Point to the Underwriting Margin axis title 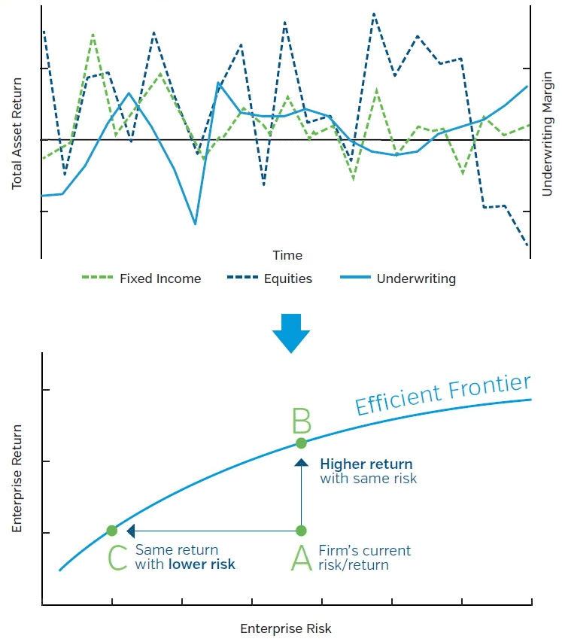(547, 135)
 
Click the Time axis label (287, 255)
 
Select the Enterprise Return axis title (17, 479)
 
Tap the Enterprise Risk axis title (286, 628)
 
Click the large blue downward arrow (290, 332)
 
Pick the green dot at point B (301, 443)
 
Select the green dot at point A (301, 531)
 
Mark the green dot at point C (112, 531)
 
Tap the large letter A (301, 558)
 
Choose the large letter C (117, 558)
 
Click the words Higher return (366, 464)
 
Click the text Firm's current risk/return (364, 558)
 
